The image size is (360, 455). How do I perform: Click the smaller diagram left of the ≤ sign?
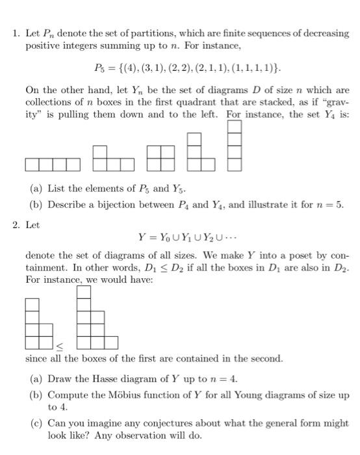pos(38,323)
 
